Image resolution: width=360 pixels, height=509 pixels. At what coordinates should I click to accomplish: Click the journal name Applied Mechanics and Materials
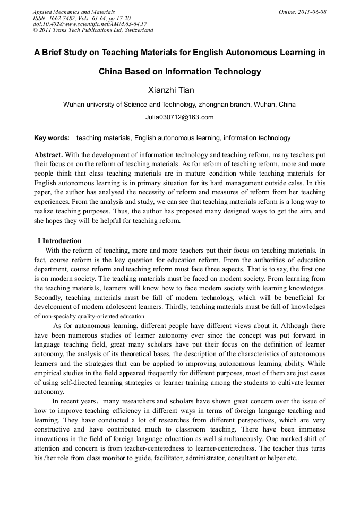click(74, 12)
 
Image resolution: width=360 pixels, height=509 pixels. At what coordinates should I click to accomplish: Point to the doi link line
click(90, 24)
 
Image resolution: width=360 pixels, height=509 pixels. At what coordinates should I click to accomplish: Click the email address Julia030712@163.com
click(179, 117)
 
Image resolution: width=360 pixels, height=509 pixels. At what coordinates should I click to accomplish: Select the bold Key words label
click(52, 138)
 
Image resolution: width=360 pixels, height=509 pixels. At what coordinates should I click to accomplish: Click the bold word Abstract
click(48, 154)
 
